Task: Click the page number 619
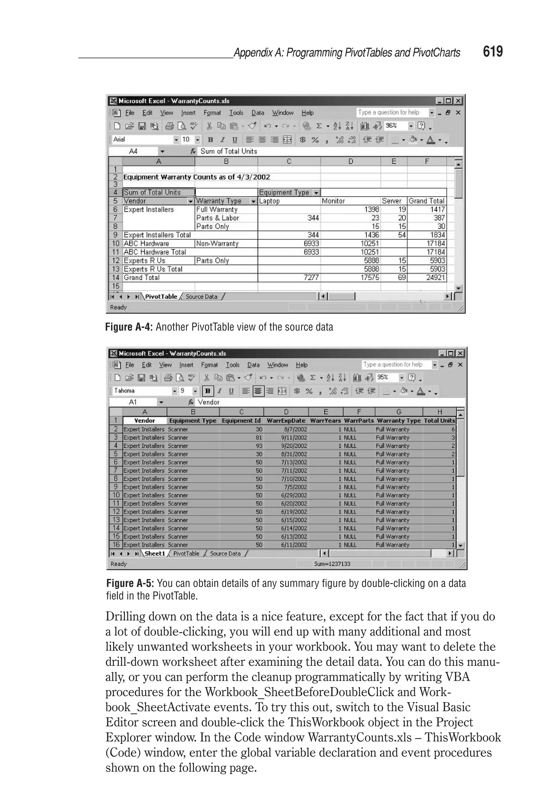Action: (493, 52)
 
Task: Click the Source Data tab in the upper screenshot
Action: (201, 297)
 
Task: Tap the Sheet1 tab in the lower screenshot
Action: (155, 553)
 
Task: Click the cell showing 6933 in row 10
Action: (311, 243)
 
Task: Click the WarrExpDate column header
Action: (286, 421)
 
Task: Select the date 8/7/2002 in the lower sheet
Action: (295, 429)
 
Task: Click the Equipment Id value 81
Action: (258, 438)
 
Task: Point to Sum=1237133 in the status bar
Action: (332, 564)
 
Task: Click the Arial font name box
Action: (142, 139)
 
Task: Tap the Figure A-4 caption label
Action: (128, 327)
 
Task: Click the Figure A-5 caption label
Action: (130, 583)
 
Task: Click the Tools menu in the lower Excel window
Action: (232, 365)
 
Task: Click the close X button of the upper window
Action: (458, 101)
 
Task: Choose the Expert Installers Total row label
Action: (157, 235)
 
